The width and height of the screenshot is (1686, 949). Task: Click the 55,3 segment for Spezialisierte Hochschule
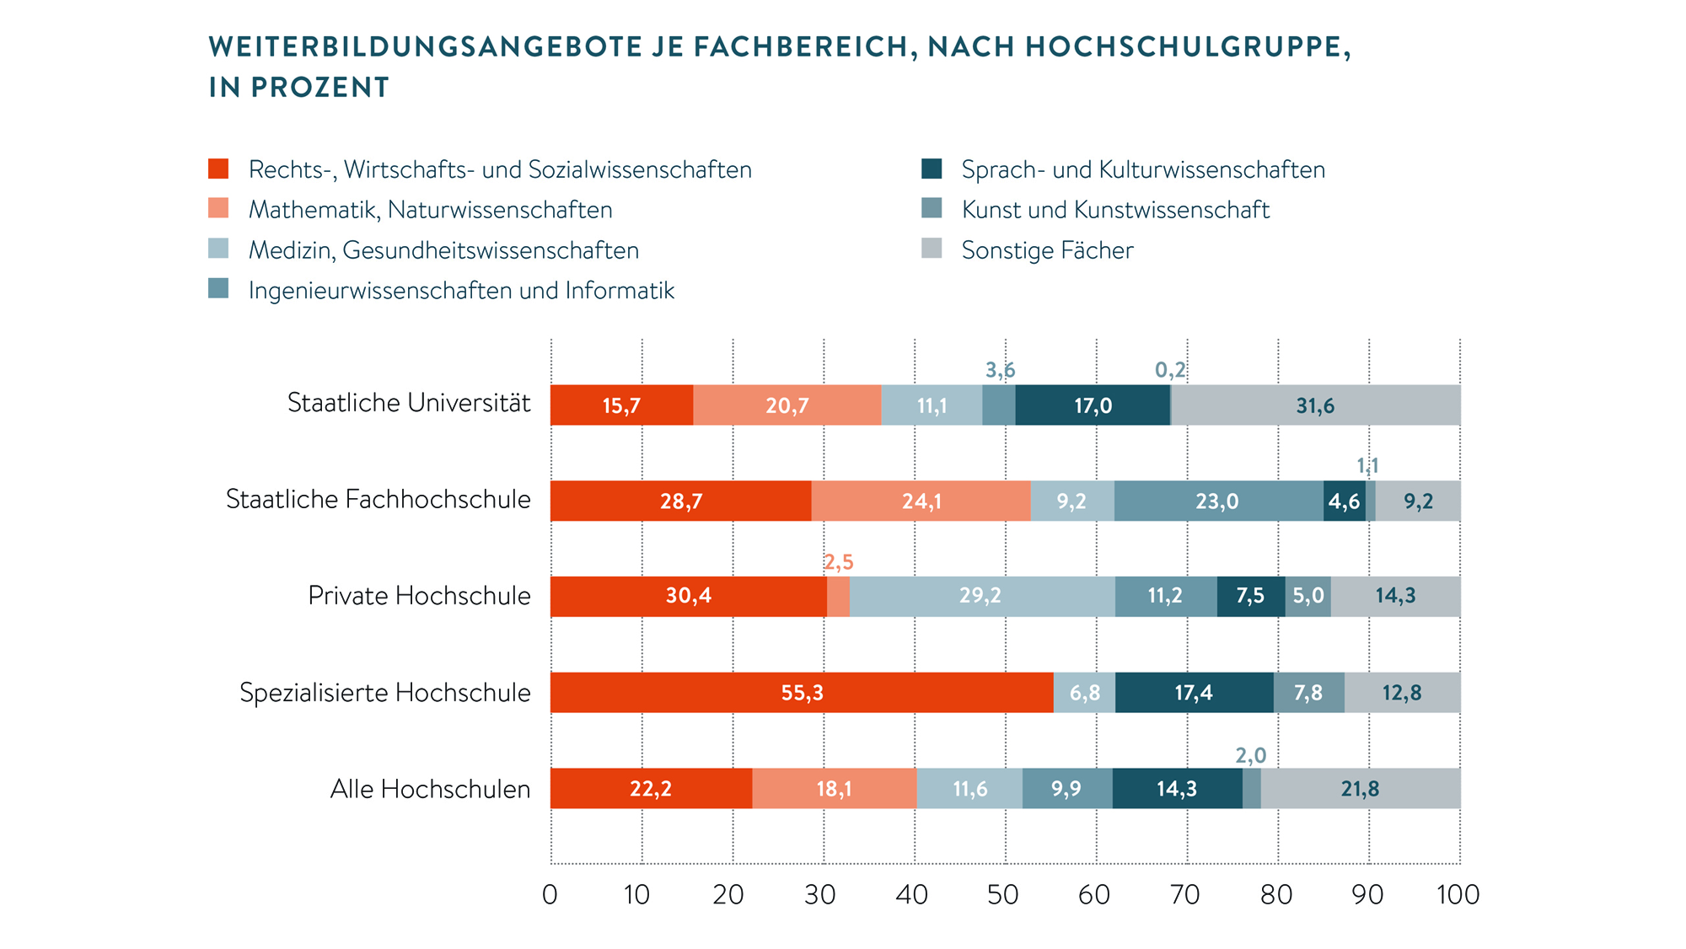(802, 693)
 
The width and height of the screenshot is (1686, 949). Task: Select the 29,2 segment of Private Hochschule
(981, 597)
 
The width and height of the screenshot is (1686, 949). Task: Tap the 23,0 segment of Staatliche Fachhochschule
(1218, 501)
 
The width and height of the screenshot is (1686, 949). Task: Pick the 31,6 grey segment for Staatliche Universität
(1315, 405)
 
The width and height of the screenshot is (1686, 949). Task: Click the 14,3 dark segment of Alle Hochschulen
(1177, 789)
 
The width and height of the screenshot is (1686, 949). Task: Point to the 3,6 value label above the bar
(1001, 370)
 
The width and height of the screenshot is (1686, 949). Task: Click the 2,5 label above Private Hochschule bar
(839, 562)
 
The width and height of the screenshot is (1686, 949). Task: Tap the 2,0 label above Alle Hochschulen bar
(1251, 755)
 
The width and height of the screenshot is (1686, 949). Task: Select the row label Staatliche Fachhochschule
(379, 499)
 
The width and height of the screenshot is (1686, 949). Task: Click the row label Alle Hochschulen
(430, 789)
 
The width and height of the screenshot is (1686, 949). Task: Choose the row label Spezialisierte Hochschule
(385, 693)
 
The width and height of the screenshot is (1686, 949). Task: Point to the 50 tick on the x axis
(1003, 894)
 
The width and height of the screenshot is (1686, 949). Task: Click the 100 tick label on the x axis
(1458, 894)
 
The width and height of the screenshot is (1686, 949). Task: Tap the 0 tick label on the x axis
(550, 894)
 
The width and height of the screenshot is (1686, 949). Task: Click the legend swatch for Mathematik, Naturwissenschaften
(218, 208)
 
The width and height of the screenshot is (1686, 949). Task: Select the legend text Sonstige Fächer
(1047, 250)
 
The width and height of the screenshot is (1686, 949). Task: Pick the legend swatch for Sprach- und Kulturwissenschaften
(932, 169)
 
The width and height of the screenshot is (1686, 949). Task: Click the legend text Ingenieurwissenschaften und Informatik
(461, 291)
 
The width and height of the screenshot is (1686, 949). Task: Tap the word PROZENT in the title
(319, 88)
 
